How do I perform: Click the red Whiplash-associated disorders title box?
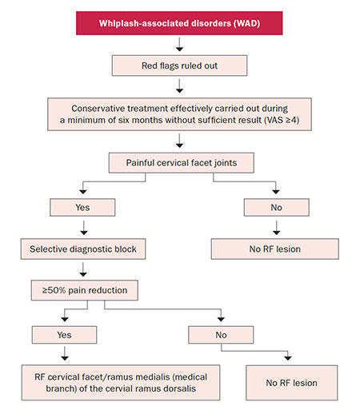point(179,23)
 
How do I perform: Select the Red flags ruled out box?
point(179,66)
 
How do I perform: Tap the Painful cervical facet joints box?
point(182,163)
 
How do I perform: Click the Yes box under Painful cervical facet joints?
point(82,207)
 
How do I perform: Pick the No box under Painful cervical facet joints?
point(277,207)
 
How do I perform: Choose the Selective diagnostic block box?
point(83,249)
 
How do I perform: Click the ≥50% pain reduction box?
point(85,290)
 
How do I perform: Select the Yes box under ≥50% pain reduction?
point(64,335)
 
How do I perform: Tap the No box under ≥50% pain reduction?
point(221,335)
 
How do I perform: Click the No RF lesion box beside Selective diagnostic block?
point(275,249)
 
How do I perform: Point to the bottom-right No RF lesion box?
point(292,383)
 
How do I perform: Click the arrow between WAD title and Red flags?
point(179,44)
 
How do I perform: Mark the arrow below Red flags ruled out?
point(179,86)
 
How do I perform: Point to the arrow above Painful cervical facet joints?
point(179,141)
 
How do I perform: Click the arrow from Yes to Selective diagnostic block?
point(84,228)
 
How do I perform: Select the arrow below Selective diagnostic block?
point(83,269)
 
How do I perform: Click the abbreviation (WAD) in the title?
point(246,23)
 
